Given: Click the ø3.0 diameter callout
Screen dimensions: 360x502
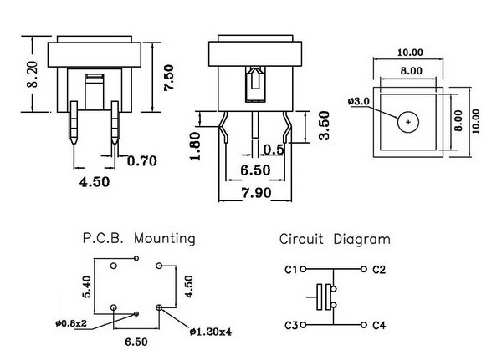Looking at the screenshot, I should [x=357, y=102].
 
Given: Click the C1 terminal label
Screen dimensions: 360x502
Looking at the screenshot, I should [x=290, y=269].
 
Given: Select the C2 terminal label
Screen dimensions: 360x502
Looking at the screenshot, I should [x=378, y=269].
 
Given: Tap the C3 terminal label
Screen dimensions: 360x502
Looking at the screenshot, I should [x=290, y=325].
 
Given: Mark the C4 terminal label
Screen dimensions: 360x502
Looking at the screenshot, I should [x=378, y=325].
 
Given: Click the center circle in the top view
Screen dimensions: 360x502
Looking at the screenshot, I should [x=407, y=122].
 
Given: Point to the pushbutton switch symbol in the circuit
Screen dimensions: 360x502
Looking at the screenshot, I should [x=323, y=297].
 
